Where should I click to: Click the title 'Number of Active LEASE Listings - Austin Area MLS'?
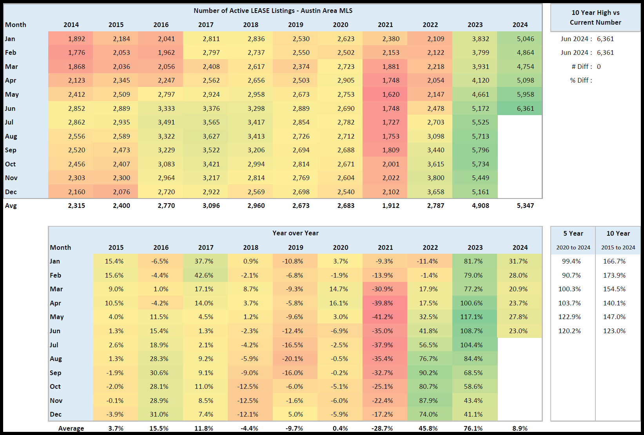tap(273, 11)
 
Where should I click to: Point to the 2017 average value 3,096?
tap(211, 206)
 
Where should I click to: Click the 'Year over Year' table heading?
tap(296, 233)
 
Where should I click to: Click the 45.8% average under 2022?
tap(428, 428)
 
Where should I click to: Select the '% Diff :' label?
tap(581, 80)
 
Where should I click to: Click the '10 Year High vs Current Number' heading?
tap(595, 18)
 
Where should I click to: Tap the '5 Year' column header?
tap(573, 233)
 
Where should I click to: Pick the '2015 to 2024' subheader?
tap(618, 247)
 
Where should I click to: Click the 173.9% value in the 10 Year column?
tap(614, 275)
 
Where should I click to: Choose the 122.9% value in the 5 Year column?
tap(570, 317)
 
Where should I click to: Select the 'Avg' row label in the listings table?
tap(11, 206)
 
